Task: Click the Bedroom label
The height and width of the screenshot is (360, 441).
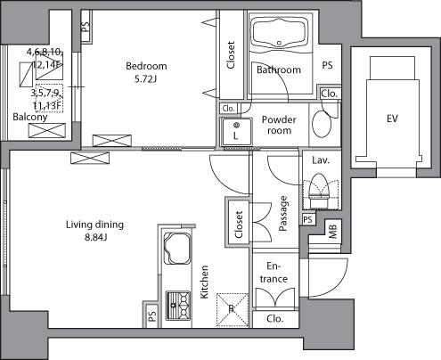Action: (145, 65)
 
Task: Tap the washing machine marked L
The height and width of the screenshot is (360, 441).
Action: (236, 131)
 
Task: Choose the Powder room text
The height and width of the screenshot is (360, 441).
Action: (279, 125)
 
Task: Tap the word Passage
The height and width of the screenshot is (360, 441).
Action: (283, 214)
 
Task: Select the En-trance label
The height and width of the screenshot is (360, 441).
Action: (274, 273)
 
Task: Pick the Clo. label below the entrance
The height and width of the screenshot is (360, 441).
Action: (274, 317)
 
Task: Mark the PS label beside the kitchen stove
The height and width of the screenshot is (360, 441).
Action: (152, 314)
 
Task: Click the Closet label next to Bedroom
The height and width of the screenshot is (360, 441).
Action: (231, 55)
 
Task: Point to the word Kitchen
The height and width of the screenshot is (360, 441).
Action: (204, 283)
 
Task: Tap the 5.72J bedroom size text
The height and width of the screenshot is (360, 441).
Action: (145, 78)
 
